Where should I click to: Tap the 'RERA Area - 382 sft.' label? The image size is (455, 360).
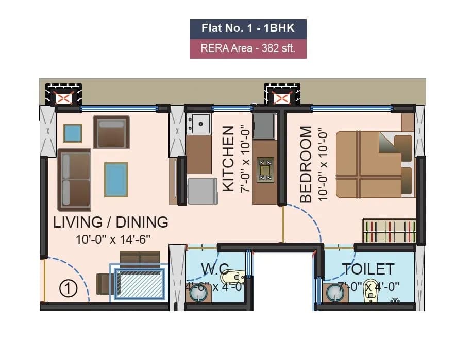(x=248, y=49)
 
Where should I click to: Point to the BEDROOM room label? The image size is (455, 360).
(x=306, y=164)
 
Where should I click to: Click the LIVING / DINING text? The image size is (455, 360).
(x=111, y=222)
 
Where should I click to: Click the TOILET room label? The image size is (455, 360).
(x=368, y=269)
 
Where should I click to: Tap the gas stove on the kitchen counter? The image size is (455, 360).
(x=265, y=170)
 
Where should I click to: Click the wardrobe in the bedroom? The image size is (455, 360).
(x=389, y=231)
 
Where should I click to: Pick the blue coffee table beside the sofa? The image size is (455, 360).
(x=116, y=179)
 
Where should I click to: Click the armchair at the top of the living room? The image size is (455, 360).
(x=111, y=131)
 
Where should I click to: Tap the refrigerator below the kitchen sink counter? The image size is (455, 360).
(x=202, y=191)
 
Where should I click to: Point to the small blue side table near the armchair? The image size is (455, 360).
(x=73, y=133)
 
